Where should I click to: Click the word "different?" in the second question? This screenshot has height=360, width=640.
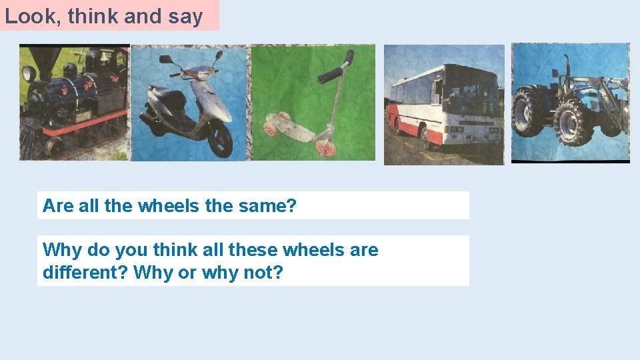[85, 272]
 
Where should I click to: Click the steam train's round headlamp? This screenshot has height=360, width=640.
[29, 73]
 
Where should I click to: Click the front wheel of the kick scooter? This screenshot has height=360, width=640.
[325, 147]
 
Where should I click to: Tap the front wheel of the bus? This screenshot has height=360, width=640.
[424, 137]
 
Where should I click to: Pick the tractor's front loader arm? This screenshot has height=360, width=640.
[610, 93]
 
